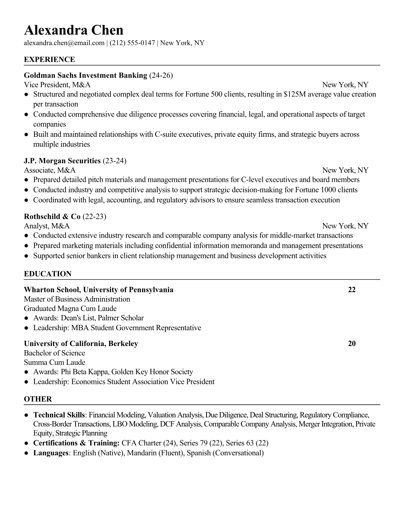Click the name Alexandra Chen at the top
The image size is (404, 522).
74,30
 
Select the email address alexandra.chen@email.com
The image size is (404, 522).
64,43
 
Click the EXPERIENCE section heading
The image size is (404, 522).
50,60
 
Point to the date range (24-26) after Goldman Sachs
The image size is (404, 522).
161,75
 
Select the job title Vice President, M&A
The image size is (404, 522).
57,85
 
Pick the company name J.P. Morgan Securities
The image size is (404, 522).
62,161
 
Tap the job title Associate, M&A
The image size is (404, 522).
50,170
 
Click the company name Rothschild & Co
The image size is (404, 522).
52,217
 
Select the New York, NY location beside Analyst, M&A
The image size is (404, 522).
345,226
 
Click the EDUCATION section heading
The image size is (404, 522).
48,274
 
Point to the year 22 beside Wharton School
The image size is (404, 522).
352,290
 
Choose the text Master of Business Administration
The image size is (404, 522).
77,299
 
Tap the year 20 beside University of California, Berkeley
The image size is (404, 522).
352,344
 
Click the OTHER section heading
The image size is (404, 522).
38,399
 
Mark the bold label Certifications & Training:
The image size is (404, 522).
76,443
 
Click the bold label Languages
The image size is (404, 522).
50,453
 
